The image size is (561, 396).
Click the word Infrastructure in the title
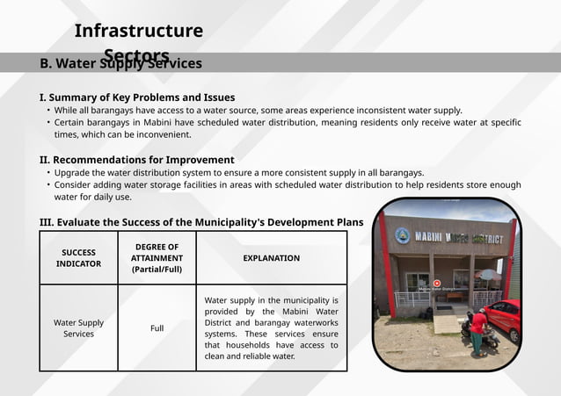pos(139,31)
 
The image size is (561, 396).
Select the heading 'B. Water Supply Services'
pos(120,63)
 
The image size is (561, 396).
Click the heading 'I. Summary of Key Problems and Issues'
pos(137,97)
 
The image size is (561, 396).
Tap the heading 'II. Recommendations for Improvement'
pos(136,160)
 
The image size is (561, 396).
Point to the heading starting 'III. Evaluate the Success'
pos(201,222)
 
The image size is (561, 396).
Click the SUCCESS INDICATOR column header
pos(79,258)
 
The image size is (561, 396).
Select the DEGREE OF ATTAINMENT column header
pos(157,258)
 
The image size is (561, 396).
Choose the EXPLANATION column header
pos(271,258)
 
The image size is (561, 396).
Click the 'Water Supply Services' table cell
pos(79,328)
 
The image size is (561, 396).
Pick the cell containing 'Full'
pos(157,328)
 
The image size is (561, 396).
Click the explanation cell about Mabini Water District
pos(271,328)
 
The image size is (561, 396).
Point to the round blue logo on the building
pos(402,235)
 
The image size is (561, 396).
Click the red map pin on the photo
pos(437,283)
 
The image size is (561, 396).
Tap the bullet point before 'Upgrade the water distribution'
pos(48,173)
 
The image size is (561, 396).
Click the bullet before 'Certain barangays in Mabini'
pos(48,123)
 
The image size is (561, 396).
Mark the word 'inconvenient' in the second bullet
pos(162,135)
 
